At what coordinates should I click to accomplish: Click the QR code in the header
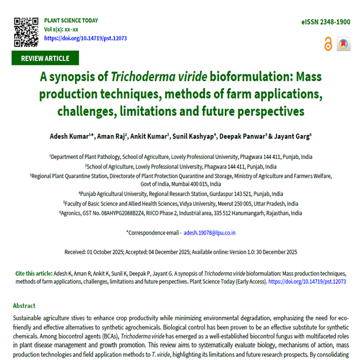(26, 31)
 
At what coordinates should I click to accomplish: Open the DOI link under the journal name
(85, 38)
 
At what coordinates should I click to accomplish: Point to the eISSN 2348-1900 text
(326, 22)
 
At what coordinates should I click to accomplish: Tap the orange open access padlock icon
(328, 44)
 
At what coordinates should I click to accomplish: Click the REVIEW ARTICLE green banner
(45, 58)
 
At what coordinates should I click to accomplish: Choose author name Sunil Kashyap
(193, 137)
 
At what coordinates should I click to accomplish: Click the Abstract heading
(25, 305)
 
